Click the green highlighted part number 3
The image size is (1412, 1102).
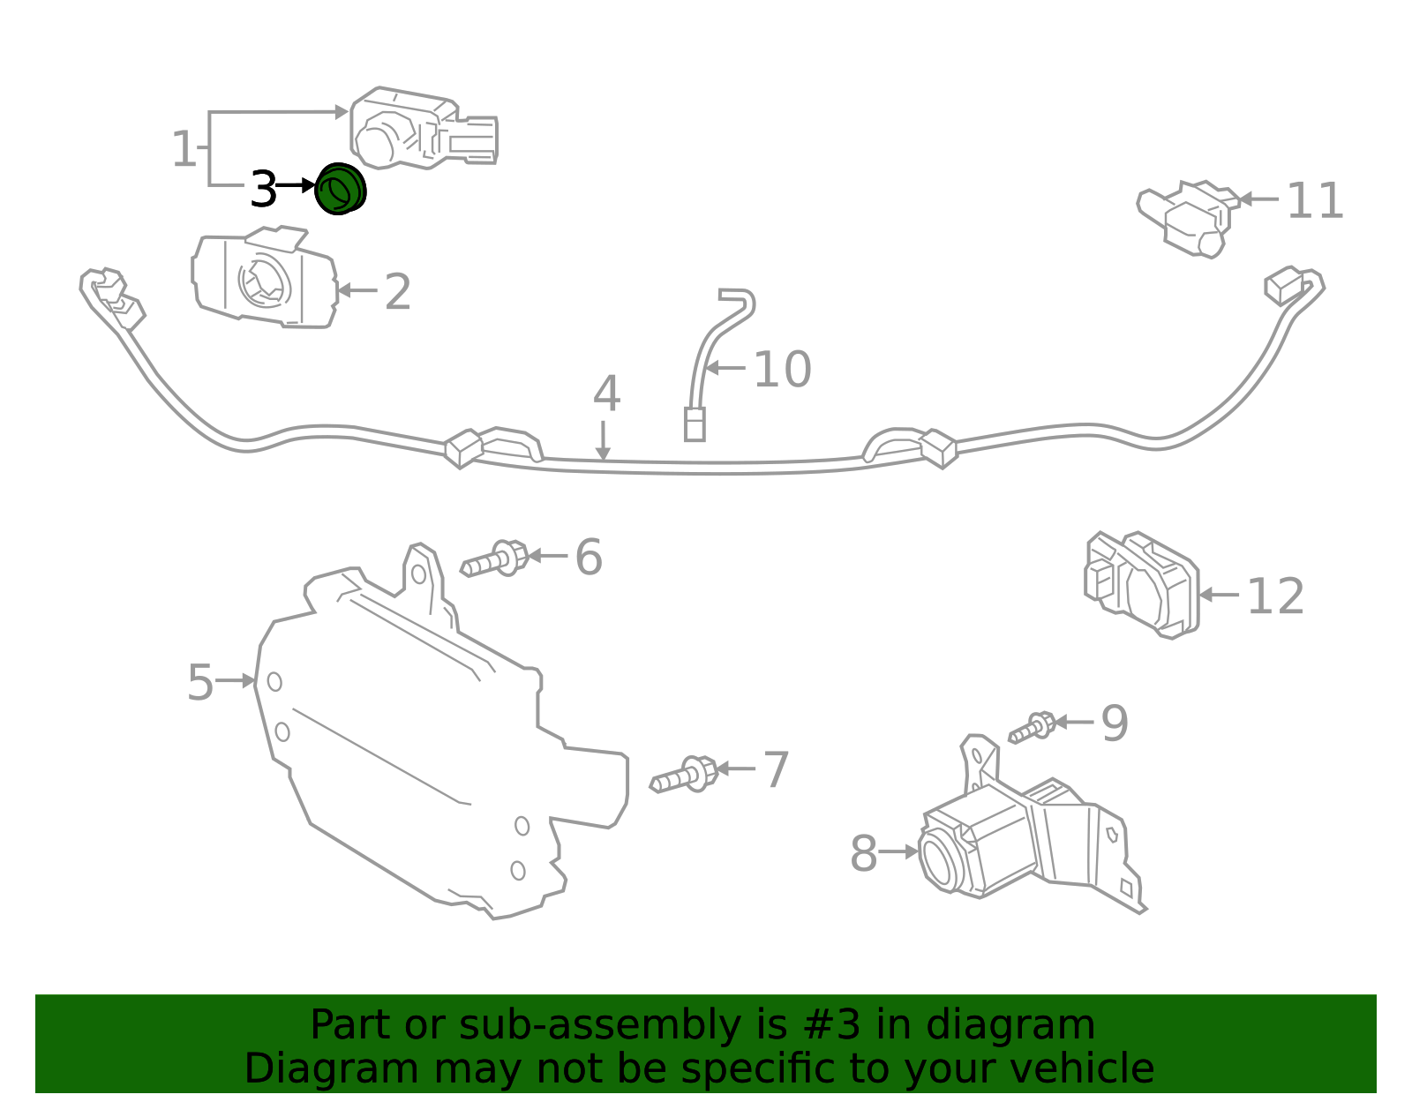coord(340,189)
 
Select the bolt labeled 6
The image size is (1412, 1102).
coord(495,559)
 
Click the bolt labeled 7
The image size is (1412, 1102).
coord(684,776)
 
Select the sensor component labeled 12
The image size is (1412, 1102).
coord(1142,583)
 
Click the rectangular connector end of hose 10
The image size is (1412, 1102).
coord(695,424)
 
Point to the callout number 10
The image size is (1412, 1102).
coord(782,369)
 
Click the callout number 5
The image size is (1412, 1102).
coord(200,683)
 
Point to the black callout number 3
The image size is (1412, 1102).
coord(263,189)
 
